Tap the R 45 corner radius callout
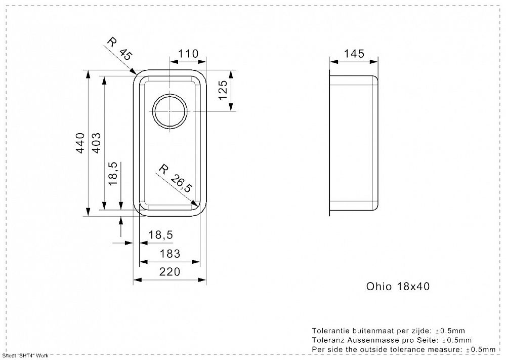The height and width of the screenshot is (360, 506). (x=119, y=49)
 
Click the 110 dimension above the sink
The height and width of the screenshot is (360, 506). (x=187, y=54)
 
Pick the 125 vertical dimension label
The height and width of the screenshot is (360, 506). (x=223, y=90)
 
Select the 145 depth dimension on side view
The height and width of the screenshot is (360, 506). (x=354, y=54)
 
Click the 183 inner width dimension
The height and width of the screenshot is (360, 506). (x=170, y=254)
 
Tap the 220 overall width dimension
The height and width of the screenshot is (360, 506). (x=170, y=272)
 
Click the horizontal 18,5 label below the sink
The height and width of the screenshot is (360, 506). (x=161, y=235)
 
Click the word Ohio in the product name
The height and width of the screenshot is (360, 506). (x=378, y=287)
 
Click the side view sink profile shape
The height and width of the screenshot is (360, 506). (x=354, y=143)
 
